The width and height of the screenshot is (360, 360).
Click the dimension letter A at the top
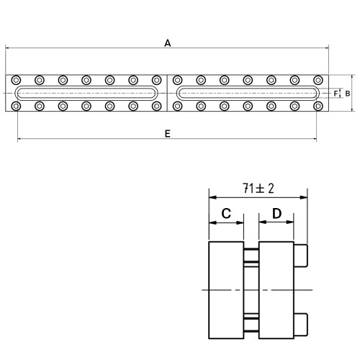coord(168,43)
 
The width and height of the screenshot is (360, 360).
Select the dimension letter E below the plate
coord(168,134)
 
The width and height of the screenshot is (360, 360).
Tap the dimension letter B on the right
coord(348,94)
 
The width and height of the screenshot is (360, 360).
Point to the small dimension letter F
coord(336,94)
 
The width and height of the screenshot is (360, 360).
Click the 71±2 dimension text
coord(258,189)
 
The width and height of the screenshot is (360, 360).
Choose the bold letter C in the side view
coord(226,213)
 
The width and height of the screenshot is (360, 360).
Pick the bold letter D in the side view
coord(276,213)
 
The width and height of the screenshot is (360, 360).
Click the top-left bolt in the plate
coord(16,80)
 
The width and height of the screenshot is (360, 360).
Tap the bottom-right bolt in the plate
coord(318,106)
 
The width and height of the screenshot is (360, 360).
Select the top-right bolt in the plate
coord(318,80)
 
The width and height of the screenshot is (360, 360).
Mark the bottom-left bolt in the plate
coord(16,106)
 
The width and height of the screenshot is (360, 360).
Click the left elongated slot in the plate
coord(86,86)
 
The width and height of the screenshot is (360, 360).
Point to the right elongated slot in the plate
coord(248,86)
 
